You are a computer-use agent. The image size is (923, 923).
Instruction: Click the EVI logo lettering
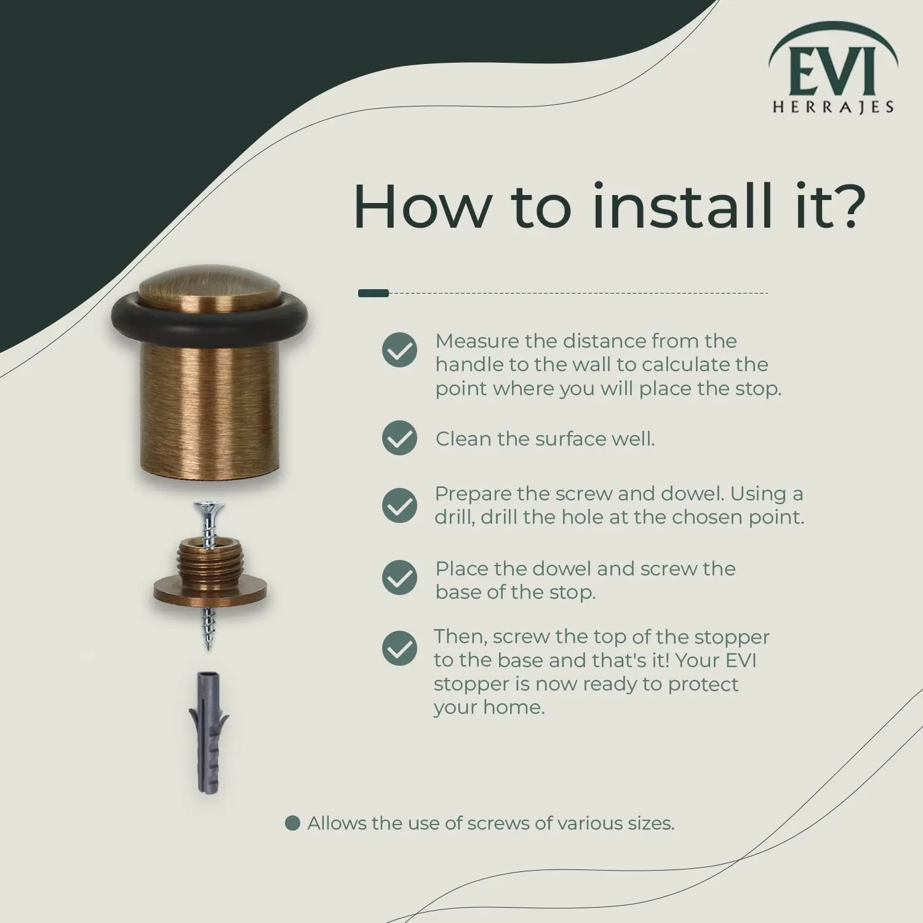[x=832, y=73]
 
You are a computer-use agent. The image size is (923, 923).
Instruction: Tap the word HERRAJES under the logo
[x=833, y=107]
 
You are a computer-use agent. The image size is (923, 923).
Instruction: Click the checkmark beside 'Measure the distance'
[x=399, y=350]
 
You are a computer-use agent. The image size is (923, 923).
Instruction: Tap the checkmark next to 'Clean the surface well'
[x=399, y=438]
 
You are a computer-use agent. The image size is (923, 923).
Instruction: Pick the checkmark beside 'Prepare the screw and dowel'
[x=399, y=505]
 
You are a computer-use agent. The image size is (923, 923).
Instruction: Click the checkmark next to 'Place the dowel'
[x=399, y=577]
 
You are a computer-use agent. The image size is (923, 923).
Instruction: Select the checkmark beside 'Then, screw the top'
[x=399, y=649]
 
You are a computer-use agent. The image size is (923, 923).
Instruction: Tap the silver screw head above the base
[x=209, y=508]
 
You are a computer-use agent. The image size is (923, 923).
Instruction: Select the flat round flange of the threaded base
[x=210, y=593]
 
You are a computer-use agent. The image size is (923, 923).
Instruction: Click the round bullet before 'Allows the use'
[x=292, y=823]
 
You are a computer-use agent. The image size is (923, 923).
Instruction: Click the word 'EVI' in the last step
[x=741, y=660]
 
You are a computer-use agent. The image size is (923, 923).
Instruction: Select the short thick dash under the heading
[x=374, y=293]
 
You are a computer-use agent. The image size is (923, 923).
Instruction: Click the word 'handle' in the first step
[x=466, y=364]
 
